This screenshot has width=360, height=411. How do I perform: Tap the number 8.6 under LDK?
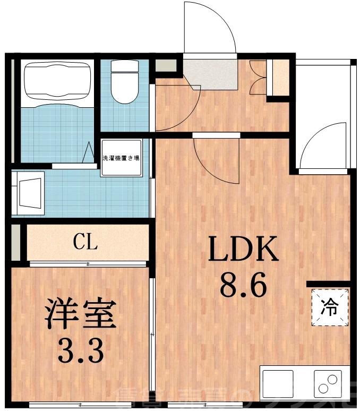pos(243,288)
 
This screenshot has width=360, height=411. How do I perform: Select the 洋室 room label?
pos(80,314)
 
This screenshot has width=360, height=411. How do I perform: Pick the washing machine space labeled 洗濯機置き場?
pos(122,158)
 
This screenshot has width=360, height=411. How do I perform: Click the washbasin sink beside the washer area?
pos(29,192)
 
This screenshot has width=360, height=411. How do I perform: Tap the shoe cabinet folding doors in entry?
pos(259,74)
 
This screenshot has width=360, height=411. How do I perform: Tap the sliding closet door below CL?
pos(88,263)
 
